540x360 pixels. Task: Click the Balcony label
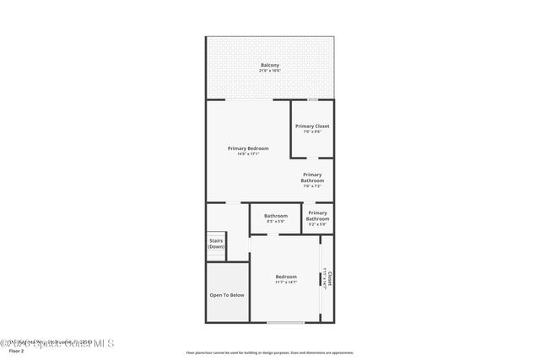(270, 65)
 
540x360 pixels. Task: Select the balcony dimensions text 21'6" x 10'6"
(270, 71)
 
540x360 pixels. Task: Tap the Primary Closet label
(311, 126)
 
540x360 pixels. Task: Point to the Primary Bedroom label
(248, 148)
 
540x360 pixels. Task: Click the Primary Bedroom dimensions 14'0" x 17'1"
(248, 154)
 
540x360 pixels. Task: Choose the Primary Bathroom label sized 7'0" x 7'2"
(312, 178)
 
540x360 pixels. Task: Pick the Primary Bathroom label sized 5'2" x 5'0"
(317, 217)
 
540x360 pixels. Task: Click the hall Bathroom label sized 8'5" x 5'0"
(276, 216)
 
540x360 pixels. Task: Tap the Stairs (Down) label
(216, 244)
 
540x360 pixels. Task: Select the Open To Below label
(227, 295)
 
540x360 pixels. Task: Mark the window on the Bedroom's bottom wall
(285, 322)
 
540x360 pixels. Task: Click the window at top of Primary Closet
(312, 99)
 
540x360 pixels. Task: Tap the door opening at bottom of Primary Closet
(312, 158)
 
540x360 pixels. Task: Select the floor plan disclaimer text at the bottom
(270, 352)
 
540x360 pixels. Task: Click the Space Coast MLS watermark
(59, 342)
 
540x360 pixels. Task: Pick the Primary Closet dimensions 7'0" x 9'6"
(311, 132)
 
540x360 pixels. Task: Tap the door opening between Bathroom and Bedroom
(276, 234)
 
